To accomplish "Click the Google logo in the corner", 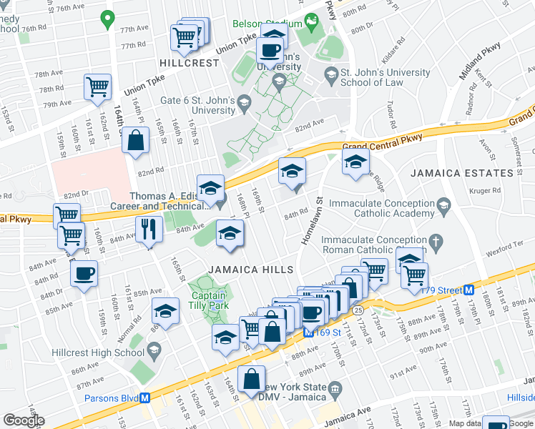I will (x=24, y=420).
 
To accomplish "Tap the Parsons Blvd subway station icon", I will (x=144, y=398).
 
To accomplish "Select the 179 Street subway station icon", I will (x=469, y=290).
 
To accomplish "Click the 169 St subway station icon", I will (x=308, y=332).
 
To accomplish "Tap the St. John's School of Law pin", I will (x=331, y=74).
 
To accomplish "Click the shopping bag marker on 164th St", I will (x=135, y=140).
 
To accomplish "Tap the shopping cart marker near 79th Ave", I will (x=97, y=87).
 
